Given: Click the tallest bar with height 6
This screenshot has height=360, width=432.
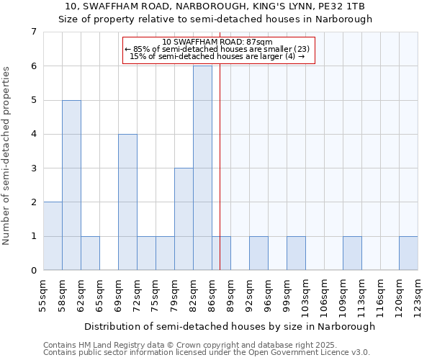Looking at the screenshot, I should coord(202,168).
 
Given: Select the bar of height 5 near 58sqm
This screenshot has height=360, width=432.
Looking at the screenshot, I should coord(71,185).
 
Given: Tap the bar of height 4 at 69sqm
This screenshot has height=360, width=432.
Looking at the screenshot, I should coord(127,202).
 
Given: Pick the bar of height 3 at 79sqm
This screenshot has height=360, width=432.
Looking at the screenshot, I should coord(184,219).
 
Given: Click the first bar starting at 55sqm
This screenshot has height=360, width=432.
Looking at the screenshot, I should coord(53,236).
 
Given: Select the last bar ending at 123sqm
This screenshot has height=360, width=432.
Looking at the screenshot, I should coord(408,253).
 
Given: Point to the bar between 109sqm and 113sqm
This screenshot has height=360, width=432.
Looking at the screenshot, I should coord(352,253).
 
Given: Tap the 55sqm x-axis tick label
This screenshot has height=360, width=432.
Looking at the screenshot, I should coord(44,295).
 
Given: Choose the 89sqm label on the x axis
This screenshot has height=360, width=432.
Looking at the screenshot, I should coord(231,295).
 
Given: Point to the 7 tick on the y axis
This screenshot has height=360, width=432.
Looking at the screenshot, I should coord(33,32).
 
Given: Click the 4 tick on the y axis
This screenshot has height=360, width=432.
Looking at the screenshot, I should coord(33,134).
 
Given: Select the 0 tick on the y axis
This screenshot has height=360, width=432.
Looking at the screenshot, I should coord(33,271).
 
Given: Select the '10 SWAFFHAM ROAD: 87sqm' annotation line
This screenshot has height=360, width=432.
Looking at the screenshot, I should coord(217,42).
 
